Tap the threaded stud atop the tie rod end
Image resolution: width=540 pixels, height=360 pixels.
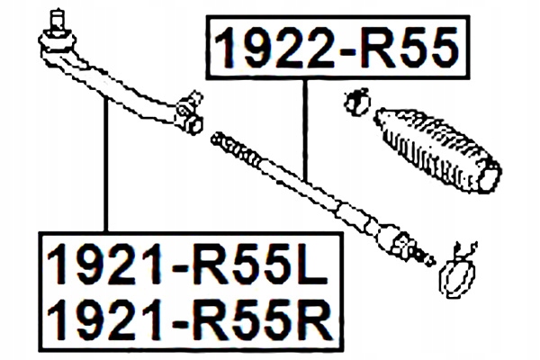[58, 18]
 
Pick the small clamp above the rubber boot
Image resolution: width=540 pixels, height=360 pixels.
[357, 101]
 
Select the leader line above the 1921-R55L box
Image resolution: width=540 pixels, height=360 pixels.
[106, 171]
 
